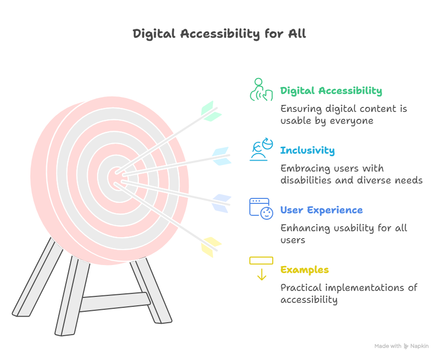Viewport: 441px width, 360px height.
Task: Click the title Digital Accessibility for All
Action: [x=220, y=34]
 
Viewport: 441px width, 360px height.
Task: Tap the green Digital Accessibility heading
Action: [x=331, y=91]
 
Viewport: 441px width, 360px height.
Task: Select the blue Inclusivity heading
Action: [x=307, y=151]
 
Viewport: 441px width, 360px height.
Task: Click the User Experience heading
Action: [x=321, y=210]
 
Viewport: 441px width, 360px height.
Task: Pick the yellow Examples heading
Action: [x=304, y=270]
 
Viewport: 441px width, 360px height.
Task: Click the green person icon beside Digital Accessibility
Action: [x=260, y=90]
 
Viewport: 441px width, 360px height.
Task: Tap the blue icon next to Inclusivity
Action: [x=261, y=149]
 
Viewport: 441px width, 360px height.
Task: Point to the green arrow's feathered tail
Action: [x=211, y=111]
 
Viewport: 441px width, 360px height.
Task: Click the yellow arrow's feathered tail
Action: [x=211, y=246]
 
